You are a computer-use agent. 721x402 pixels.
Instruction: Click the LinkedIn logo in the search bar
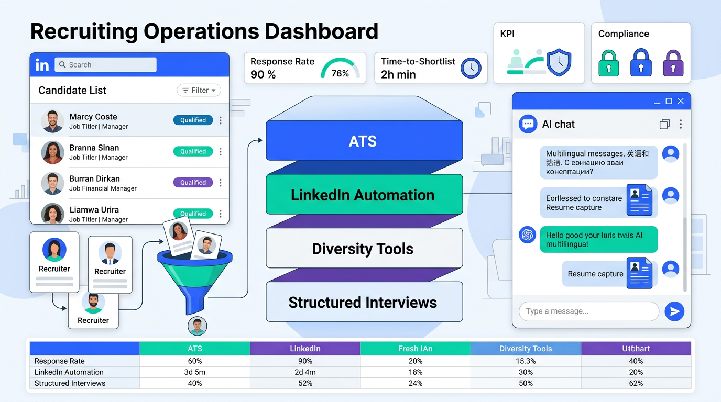(42, 65)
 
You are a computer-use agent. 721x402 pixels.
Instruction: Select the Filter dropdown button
(199, 90)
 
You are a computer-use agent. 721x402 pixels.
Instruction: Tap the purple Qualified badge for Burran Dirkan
(193, 183)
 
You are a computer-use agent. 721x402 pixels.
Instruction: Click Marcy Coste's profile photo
(52, 121)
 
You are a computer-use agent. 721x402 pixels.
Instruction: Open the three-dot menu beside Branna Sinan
(221, 152)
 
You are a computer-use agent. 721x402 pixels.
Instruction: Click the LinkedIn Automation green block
(364, 195)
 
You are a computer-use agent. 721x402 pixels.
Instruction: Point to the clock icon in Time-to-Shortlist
(471, 68)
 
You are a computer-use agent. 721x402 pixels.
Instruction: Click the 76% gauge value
(340, 73)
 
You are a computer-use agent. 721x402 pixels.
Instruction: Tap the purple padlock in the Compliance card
(673, 63)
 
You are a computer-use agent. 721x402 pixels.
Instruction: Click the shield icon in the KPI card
(559, 63)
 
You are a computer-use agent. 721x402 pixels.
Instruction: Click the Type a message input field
(588, 311)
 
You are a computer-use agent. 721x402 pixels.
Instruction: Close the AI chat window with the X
(681, 101)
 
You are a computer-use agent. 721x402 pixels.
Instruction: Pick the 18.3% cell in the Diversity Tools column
(526, 361)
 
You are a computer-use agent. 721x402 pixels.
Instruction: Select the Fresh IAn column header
(415, 349)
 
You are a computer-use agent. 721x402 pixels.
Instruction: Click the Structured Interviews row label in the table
(70, 383)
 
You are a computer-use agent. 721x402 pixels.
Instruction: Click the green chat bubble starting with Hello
(598, 240)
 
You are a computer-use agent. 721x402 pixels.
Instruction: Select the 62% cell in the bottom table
(636, 383)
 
